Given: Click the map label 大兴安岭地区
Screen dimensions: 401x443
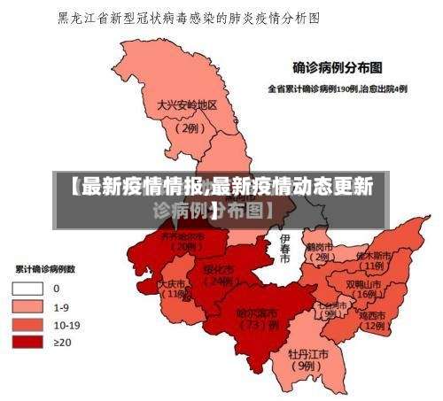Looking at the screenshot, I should [x=187, y=104].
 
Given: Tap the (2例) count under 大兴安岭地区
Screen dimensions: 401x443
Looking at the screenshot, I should [x=188, y=127].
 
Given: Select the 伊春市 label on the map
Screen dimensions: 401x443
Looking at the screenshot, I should [x=284, y=249].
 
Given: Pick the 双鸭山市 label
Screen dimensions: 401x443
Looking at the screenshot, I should [x=363, y=284].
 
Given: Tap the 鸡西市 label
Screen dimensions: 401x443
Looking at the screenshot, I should [x=373, y=315].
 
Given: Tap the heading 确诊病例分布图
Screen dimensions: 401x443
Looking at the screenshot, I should [x=338, y=66].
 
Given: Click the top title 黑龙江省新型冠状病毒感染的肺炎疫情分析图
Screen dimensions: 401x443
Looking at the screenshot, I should [x=188, y=17].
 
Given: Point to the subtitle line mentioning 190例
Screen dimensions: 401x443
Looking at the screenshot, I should [x=338, y=89].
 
